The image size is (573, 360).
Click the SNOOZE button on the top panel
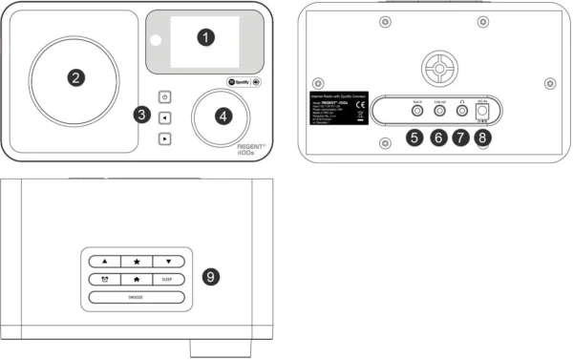pos(137,297)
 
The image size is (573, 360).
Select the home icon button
pos(137,279)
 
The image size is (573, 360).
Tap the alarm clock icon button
pos(106,279)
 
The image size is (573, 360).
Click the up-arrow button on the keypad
pos(106,261)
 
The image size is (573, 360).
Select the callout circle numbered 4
pos(223,116)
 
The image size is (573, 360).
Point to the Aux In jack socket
pos(415,113)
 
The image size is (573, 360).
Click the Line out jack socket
pos(439,113)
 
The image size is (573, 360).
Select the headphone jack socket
pos(463,113)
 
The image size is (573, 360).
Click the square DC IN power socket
pos(482,113)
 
